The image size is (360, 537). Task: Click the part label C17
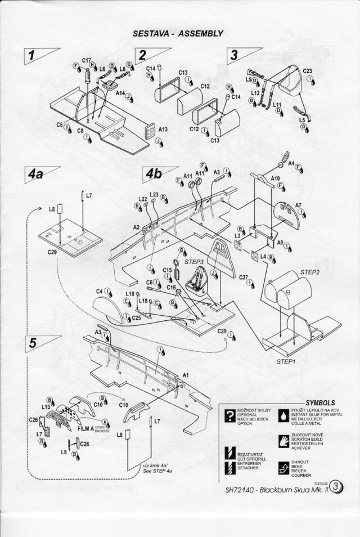tap(87, 60)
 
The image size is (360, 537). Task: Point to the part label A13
tap(163, 129)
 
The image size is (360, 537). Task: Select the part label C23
tap(308, 71)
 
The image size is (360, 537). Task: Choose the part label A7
tap(298, 205)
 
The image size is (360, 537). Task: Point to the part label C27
tap(244, 278)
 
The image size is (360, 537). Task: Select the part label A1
tap(186, 374)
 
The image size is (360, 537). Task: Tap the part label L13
tap(46, 406)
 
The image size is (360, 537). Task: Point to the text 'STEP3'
tap(193, 262)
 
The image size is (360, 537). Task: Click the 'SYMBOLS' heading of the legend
tap(321, 402)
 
